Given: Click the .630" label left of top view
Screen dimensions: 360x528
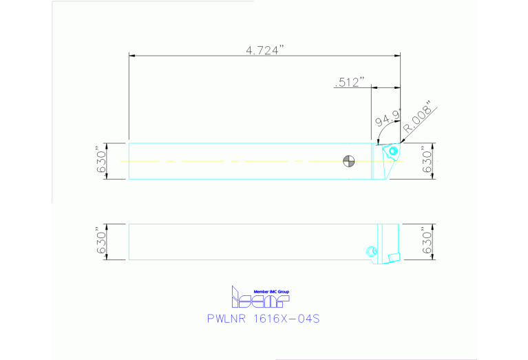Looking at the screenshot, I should (x=101, y=160).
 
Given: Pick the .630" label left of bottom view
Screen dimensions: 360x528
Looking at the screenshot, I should (x=101, y=242).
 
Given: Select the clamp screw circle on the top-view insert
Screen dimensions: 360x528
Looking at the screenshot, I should (x=393, y=151).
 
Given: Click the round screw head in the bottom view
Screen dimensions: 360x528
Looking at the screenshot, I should (x=372, y=251).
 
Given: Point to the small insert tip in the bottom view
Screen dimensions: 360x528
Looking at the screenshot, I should (x=394, y=257).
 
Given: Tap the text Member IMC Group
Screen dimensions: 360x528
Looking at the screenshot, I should (x=272, y=292).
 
